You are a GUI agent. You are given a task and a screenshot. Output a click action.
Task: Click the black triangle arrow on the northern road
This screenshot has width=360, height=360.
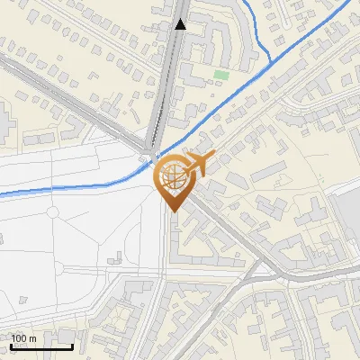pyautogui.click(x=181, y=24)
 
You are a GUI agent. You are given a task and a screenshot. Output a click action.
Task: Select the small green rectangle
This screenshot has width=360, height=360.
pyautogui.click(x=221, y=75)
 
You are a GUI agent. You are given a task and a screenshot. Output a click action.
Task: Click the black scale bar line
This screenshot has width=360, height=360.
pyautogui.click(x=41, y=346)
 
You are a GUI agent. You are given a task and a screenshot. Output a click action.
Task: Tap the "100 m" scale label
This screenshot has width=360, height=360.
pyautogui.click(x=23, y=338)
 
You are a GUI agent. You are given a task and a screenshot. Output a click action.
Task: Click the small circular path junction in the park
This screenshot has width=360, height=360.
pyautogui.click(x=53, y=212)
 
